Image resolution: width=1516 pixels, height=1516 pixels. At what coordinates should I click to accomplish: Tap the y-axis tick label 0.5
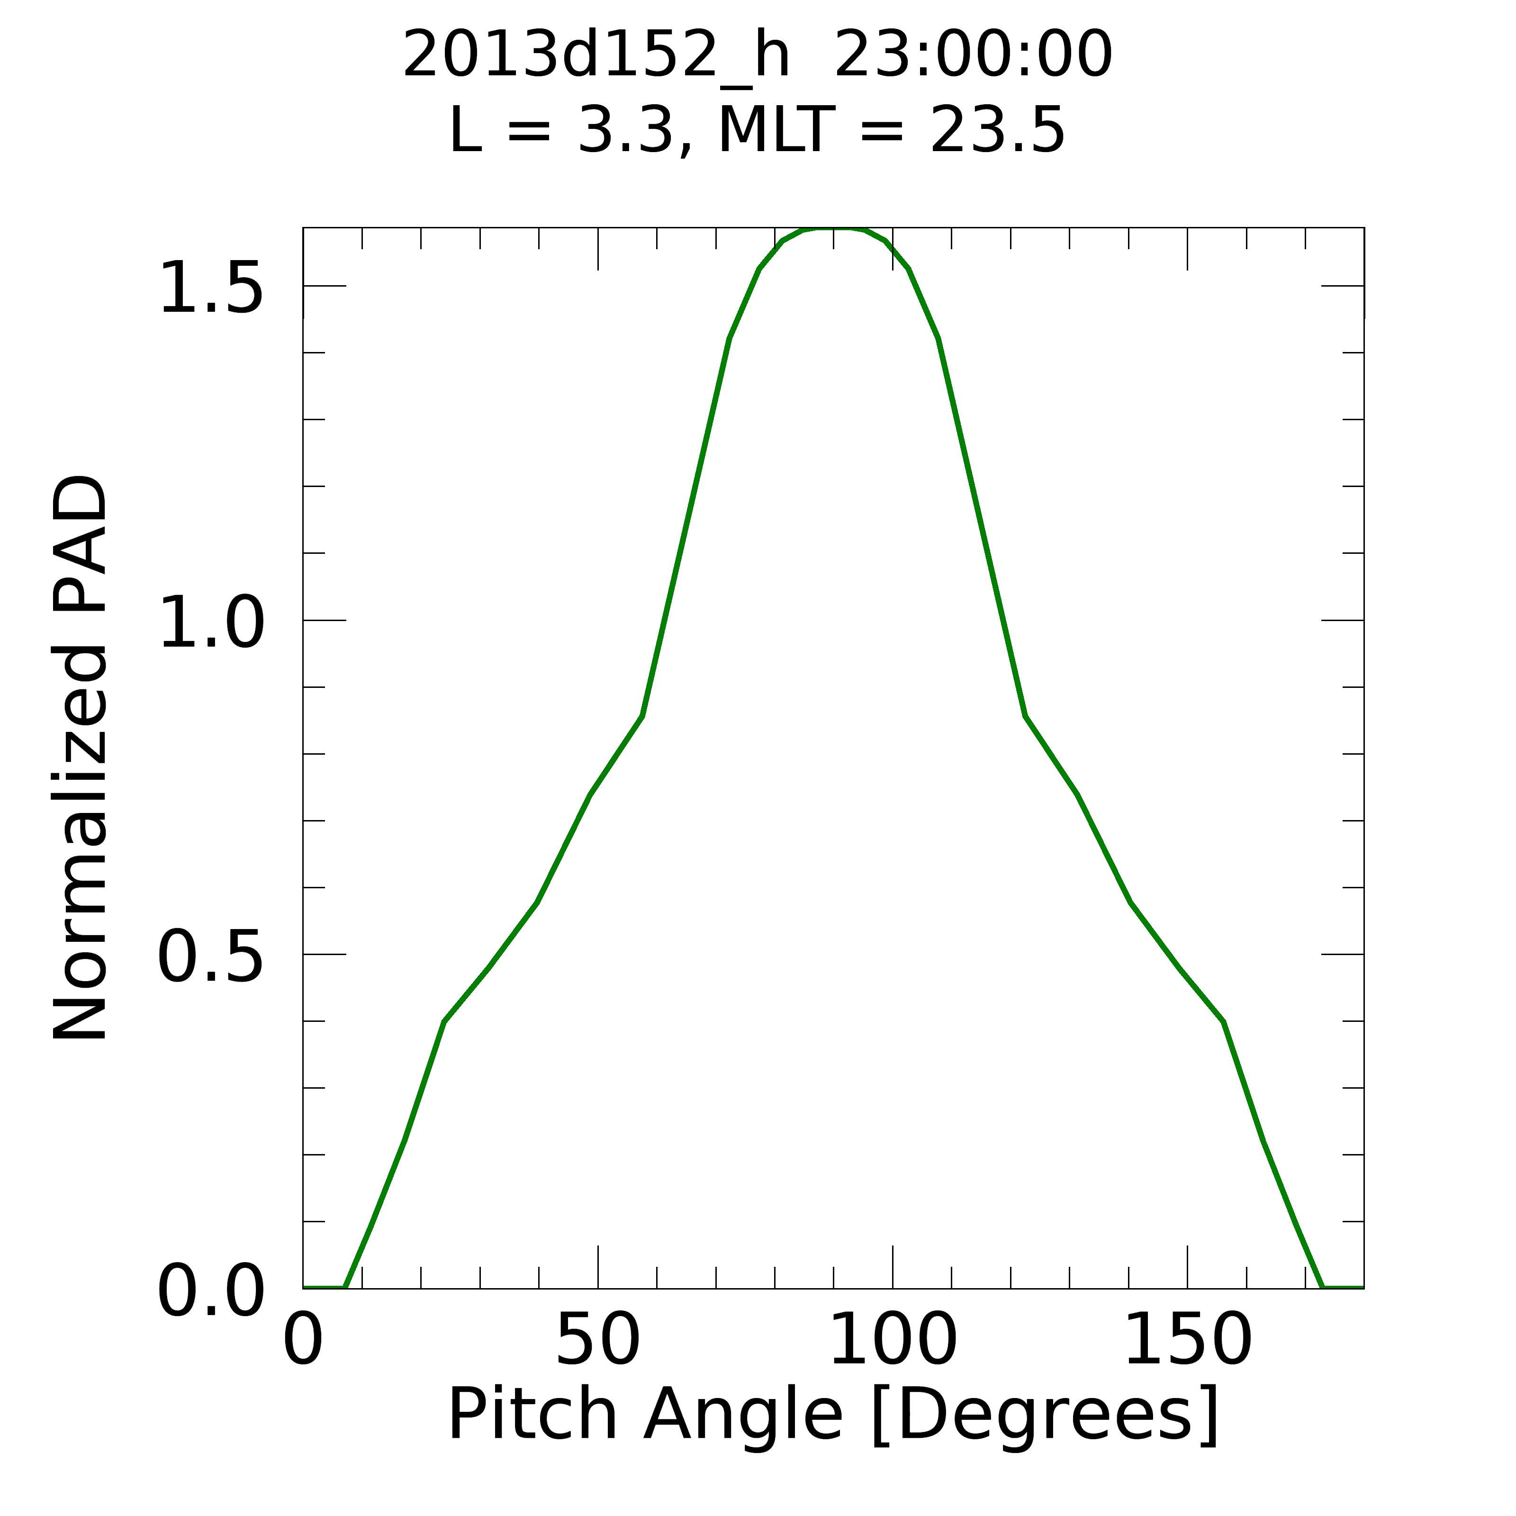(210, 957)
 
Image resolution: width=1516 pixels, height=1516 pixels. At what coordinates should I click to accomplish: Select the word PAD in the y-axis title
(80, 543)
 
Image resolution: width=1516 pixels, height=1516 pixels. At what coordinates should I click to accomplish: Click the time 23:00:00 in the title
(973, 55)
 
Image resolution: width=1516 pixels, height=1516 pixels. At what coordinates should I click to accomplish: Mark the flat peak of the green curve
(833, 229)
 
